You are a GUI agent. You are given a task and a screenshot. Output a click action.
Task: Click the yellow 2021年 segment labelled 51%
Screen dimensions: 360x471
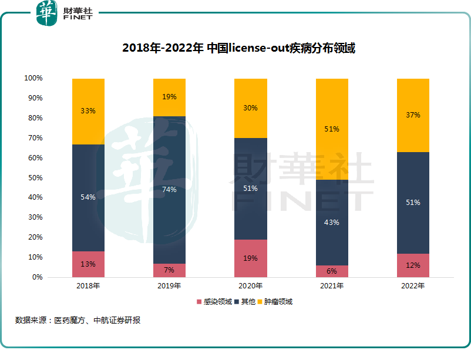(332, 129)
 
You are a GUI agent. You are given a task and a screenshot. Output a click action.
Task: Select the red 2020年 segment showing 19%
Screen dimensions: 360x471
(251, 258)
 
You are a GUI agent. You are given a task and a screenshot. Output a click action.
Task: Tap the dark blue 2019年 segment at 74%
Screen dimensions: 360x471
(169, 190)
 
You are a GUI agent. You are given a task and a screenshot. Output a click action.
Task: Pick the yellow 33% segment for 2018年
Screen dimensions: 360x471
(88, 111)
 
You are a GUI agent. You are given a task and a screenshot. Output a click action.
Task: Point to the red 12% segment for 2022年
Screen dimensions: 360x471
(413, 265)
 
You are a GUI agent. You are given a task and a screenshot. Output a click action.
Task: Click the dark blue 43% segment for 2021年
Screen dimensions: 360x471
(332, 223)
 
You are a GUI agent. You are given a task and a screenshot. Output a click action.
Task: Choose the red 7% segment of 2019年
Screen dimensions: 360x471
(169, 270)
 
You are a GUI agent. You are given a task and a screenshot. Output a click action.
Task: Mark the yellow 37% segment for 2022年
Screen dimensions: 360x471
(413, 115)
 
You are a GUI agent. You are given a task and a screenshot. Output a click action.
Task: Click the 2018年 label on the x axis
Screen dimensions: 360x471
(88, 286)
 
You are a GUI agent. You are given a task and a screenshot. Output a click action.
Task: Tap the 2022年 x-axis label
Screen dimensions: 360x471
(413, 286)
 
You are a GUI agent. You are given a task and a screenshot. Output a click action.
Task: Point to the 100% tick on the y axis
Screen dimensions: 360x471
(33, 78)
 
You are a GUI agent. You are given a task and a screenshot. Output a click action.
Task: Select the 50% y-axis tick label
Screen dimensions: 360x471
(35, 177)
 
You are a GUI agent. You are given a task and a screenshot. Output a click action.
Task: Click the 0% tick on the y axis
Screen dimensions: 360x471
(36, 277)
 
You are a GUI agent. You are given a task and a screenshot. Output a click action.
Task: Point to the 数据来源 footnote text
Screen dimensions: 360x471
(78, 321)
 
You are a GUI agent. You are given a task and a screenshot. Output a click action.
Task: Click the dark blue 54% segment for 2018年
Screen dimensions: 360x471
(88, 197)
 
